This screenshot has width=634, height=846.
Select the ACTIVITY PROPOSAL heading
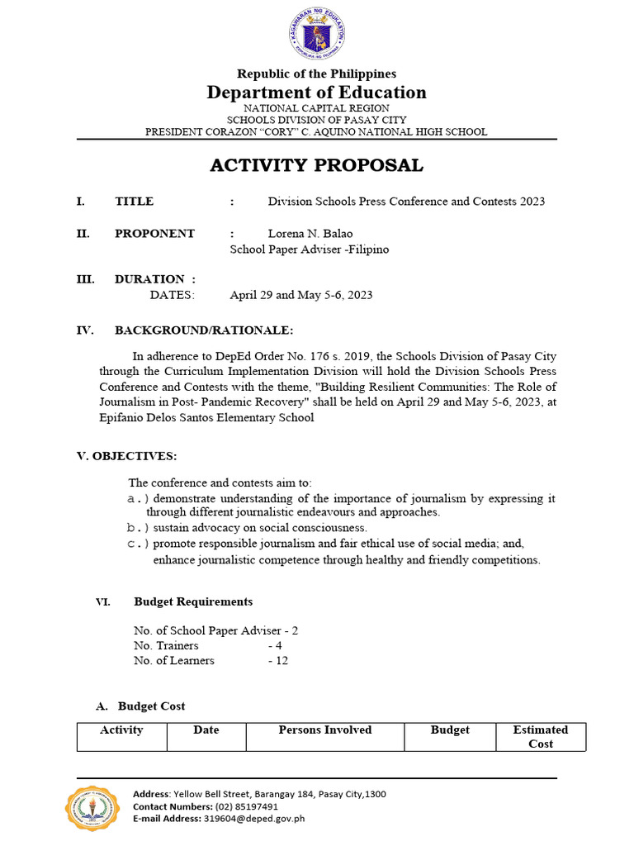[x=317, y=165]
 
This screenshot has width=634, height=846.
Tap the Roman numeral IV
[x=83, y=330]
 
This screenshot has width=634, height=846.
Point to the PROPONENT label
[x=154, y=233]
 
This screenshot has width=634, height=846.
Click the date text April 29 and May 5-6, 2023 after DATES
[x=300, y=295]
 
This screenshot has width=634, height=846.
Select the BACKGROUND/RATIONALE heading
[x=203, y=330]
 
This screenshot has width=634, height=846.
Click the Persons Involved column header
[x=325, y=730]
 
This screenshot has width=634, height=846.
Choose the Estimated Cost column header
[x=540, y=736]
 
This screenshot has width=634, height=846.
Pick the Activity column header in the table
[x=121, y=730]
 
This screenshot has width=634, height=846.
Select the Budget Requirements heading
[x=193, y=601]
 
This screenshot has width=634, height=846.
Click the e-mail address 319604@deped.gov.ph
[x=254, y=818]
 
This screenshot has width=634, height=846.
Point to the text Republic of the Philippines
[x=317, y=74]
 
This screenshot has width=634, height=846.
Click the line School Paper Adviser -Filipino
[x=309, y=249]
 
